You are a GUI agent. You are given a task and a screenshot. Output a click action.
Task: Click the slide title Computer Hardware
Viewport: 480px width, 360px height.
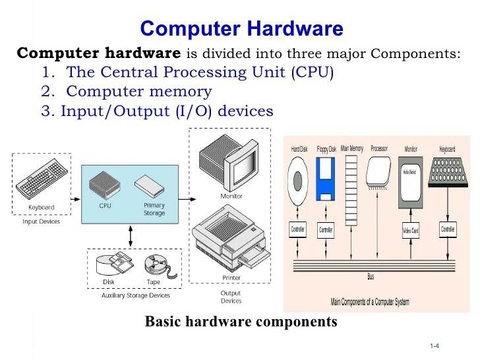(241, 29)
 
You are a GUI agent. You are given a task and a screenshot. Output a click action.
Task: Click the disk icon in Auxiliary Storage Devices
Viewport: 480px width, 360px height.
(109, 265)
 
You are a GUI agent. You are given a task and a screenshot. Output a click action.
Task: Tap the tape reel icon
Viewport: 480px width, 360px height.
(156, 266)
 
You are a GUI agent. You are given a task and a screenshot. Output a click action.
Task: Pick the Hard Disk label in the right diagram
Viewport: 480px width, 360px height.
(299, 150)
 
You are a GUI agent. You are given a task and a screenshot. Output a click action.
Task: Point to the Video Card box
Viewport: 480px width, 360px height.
(411, 231)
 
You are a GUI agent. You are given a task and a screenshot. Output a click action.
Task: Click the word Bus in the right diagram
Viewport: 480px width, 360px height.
(371, 277)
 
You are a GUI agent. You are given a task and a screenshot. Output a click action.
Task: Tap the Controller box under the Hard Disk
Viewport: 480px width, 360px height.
(298, 230)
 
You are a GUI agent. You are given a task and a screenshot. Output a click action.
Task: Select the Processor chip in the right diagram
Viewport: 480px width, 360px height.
(379, 174)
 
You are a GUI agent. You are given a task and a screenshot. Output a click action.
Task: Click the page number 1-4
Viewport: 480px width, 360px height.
(435, 346)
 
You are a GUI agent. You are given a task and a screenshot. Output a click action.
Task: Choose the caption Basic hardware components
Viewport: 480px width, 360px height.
(241, 322)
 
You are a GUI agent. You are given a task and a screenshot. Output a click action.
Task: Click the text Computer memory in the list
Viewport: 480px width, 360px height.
(138, 92)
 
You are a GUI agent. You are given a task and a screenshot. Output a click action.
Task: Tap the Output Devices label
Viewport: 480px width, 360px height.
(231, 297)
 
